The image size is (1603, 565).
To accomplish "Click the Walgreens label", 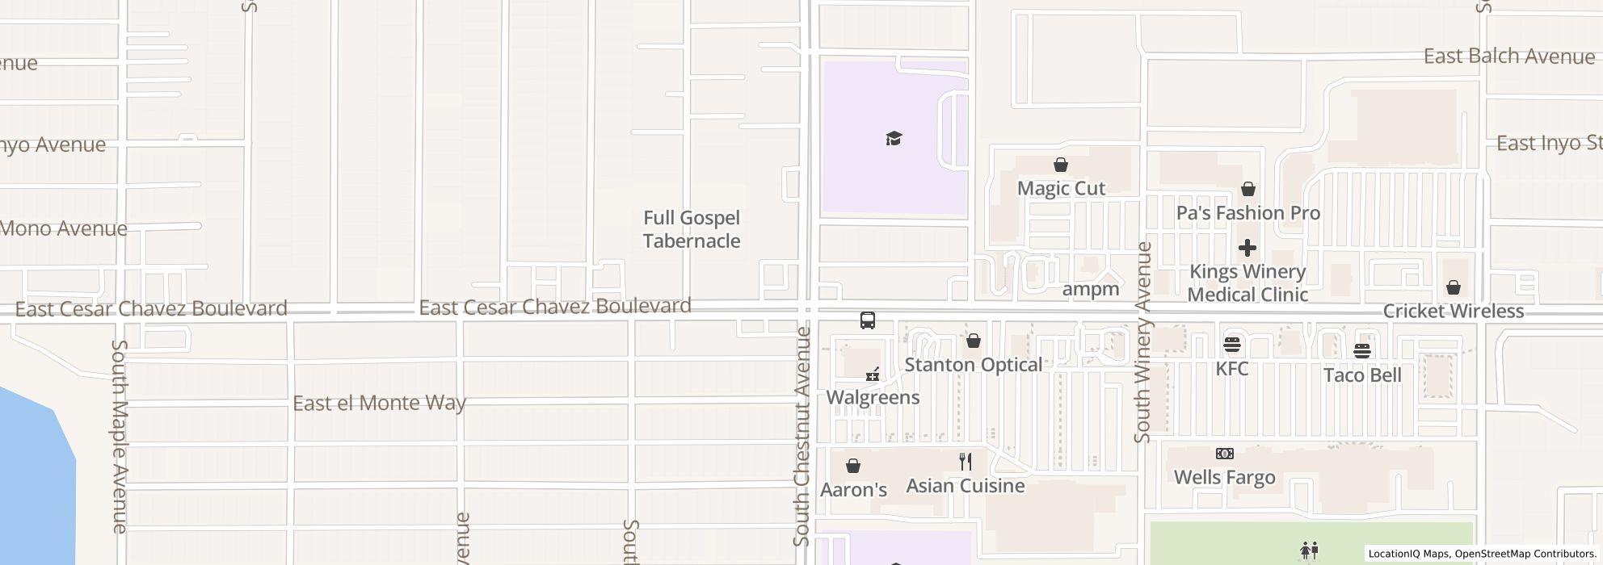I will click(873, 397).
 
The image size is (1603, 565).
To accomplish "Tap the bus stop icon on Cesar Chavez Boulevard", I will click(868, 320).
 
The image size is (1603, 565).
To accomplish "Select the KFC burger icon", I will click(1232, 345).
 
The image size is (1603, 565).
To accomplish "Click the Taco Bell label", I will click(1362, 375).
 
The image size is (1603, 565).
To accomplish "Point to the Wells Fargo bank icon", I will click(1225, 454).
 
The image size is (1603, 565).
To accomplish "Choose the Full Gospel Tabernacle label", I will click(692, 229).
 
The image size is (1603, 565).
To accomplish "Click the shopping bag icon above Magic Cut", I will click(1061, 165).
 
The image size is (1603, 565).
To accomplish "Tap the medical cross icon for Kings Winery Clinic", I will click(1247, 248).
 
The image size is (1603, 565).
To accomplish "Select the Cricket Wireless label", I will click(1453, 312).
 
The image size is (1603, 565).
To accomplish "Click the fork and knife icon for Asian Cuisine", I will click(966, 462).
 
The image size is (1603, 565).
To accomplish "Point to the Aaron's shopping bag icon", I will click(852, 466).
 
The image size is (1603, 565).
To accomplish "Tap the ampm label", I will click(1091, 289).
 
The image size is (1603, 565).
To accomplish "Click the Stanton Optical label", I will click(973, 365).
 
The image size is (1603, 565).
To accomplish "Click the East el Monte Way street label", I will click(379, 403).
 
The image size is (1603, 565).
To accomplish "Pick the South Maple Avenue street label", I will click(120, 436).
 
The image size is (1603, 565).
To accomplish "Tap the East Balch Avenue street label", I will click(1508, 56).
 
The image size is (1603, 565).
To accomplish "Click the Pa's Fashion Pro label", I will click(1247, 213).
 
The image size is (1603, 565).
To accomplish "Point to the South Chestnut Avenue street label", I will click(801, 436).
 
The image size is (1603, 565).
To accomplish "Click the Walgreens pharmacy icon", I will click(873, 375).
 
